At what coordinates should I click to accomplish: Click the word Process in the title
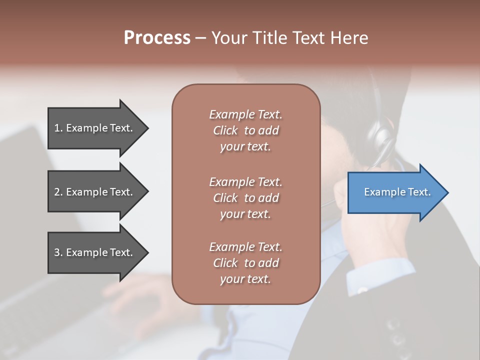pyautogui.click(x=157, y=38)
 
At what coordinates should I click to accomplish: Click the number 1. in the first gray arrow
pyautogui.click(x=58, y=128)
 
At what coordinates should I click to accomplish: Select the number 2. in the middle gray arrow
pyautogui.click(x=58, y=192)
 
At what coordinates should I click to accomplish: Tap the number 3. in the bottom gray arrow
pyautogui.click(x=58, y=252)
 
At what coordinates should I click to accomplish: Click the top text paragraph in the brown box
pyautogui.click(x=245, y=130)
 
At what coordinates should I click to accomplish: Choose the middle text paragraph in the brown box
pyautogui.click(x=245, y=198)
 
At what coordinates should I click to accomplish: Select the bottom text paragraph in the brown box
pyautogui.click(x=245, y=263)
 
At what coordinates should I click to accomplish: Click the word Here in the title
pyautogui.click(x=350, y=38)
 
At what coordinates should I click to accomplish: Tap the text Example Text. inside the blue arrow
pyautogui.click(x=397, y=192)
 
